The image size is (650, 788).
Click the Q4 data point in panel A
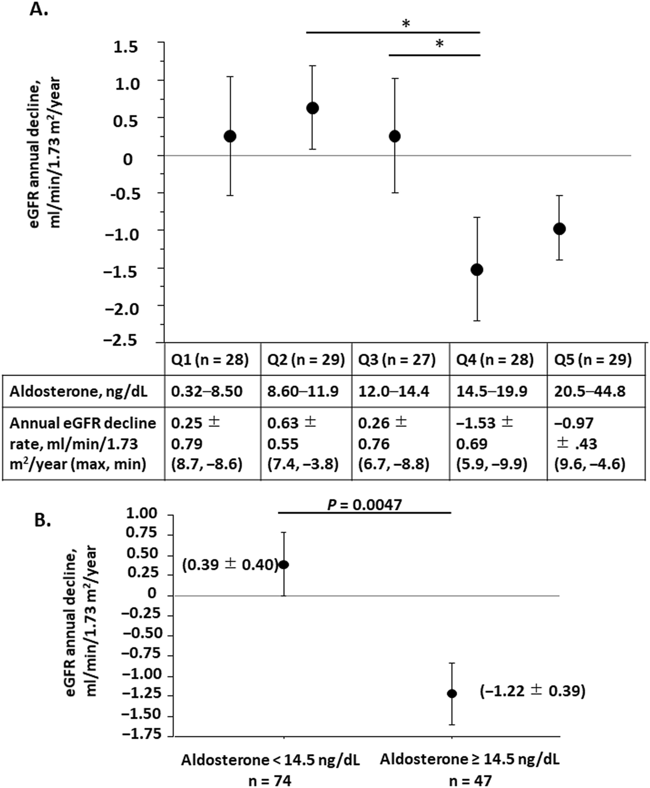[x=477, y=270]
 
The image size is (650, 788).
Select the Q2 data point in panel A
[x=313, y=108]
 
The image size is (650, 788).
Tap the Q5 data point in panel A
[x=559, y=229]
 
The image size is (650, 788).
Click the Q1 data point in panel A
[x=230, y=136]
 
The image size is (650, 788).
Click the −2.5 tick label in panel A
[x=121, y=341]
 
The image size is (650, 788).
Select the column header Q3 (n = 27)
[x=397, y=360]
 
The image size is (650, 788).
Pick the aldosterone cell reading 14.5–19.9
[x=491, y=391]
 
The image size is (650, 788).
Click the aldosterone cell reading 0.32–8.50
[x=207, y=391]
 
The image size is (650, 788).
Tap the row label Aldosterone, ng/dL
[x=78, y=391]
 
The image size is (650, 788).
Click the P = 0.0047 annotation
[x=364, y=505]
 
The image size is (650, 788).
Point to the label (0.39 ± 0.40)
[x=230, y=565]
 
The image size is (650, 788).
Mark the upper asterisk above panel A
[x=406, y=24]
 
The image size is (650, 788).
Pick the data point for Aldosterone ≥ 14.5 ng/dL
[x=452, y=694]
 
